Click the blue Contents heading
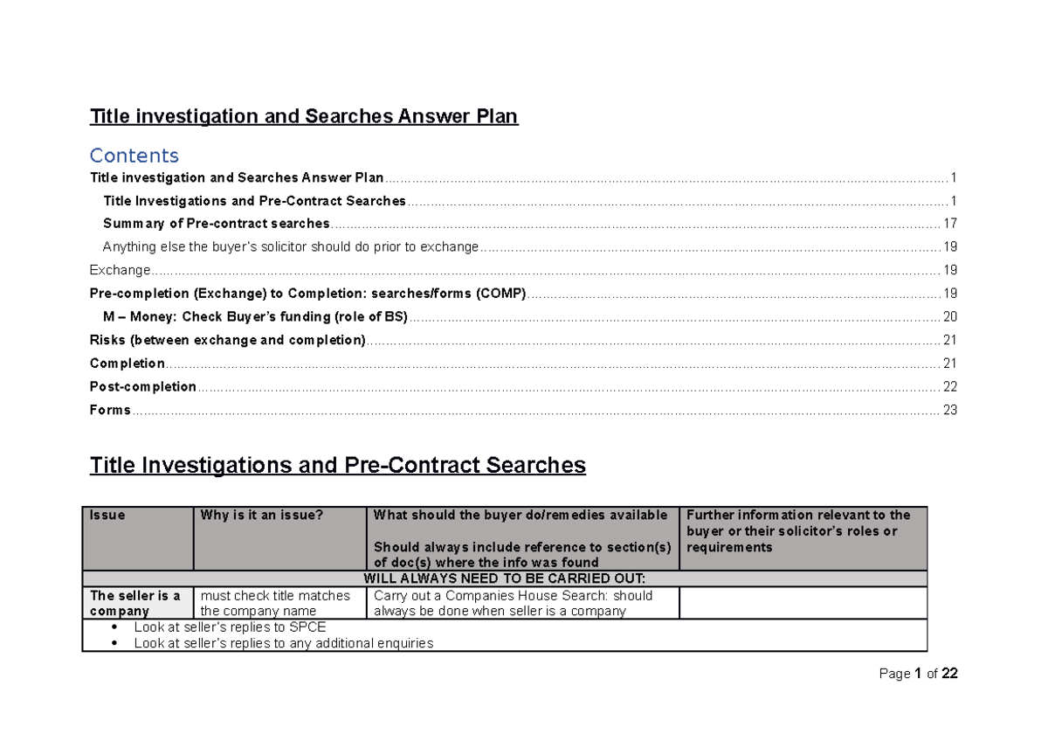[x=134, y=156]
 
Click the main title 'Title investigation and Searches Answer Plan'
[x=304, y=117]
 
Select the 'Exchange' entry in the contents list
[x=121, y=270]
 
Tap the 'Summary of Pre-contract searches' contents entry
[x=216, y=224]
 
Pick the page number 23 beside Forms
[x=950, y=410]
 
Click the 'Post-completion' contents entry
[x=143, y=386]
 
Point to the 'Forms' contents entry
[x=110, y=410]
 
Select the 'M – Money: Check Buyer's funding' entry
[x=254, y=317]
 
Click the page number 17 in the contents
[x=950, y=224]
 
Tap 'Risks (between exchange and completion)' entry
[x=227, y=340]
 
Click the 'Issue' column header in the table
[x=107, y=516]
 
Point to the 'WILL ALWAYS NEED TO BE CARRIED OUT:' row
[x=504, y=578]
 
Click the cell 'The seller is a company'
[x=135, y=603]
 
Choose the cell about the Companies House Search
[x=514, y=603]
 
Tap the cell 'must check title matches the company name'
[x=275, y=603]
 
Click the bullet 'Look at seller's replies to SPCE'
[x=230, y=627]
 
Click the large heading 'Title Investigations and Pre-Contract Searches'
[x=337, y=466]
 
